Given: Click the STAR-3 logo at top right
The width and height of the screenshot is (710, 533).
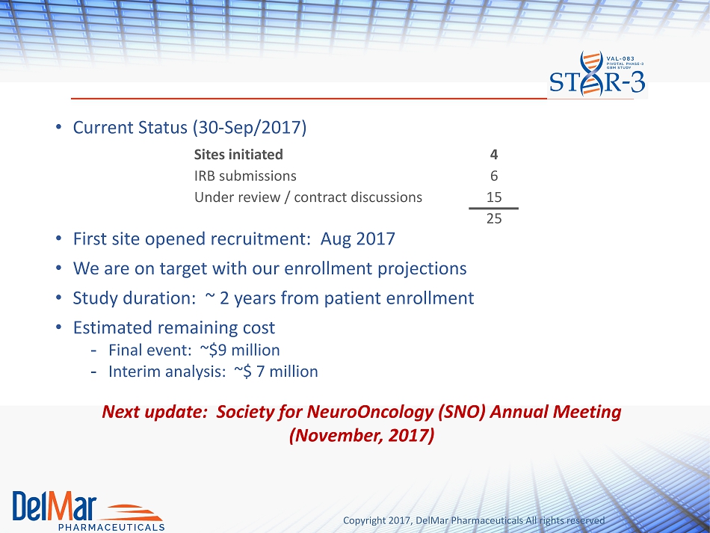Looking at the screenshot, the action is [x=597, y=74].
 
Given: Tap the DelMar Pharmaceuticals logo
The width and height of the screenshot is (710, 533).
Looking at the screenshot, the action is [x=88, y=511].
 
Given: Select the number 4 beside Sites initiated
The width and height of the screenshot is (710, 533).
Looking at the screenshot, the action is [x=494, y=155].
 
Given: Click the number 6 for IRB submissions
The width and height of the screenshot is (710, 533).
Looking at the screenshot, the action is [x=494, y=176].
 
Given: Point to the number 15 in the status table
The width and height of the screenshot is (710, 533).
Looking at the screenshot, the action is [x=494, y=197].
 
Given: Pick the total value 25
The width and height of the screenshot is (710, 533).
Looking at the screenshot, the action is [x=494, y=219].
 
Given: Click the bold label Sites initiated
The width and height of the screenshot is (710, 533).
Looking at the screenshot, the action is [x=238, y=155].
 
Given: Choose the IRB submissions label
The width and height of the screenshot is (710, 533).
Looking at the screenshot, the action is [x=245, y=176].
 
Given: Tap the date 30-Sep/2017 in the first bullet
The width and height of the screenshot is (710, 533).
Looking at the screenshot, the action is [x=250, y=128].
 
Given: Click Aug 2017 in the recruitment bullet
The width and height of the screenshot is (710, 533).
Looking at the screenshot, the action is [x=358, y=239].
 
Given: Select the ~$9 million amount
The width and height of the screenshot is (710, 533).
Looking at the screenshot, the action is [x=240, y=350].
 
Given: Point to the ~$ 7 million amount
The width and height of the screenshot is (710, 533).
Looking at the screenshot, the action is [x=276, y=372].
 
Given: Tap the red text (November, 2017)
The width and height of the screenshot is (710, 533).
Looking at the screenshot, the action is [x=362, y=436].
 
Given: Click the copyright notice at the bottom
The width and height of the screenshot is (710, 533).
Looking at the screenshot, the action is [x=474, y=521].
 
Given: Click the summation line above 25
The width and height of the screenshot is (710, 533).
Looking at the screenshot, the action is [x=493, y=209].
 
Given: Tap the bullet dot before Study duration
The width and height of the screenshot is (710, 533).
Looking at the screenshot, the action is [x=58, y=298].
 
